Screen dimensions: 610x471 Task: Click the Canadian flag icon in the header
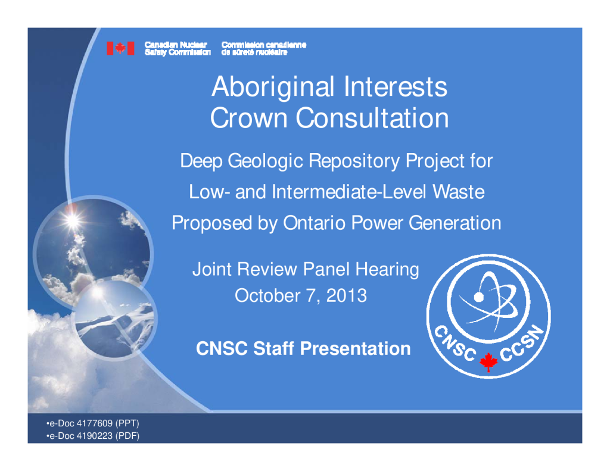[120, 48]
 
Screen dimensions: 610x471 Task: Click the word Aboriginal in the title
[273, 87]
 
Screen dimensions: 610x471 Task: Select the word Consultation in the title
[372, 118]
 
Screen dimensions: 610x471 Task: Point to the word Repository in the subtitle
[354, 161]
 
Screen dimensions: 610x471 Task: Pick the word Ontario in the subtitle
[315, 223]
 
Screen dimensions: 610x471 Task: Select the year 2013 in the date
[346, 295]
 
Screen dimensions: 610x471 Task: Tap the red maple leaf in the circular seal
[488, 362]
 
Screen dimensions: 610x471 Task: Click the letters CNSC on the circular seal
[455, 342]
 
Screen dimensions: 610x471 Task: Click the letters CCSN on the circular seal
[522, 342]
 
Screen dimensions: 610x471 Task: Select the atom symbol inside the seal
[488, 299]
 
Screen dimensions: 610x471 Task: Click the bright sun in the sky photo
[72, 220]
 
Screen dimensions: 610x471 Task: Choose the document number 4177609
[95, 423]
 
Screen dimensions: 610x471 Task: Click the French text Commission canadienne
[264, 45]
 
